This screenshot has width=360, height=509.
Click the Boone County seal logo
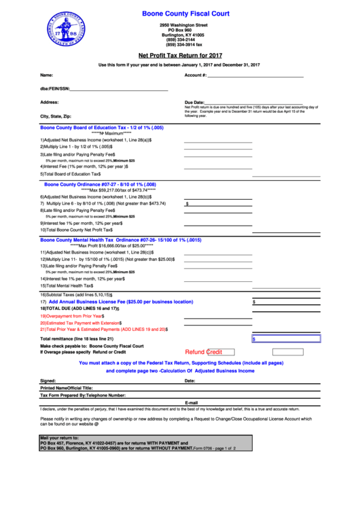(66, 31)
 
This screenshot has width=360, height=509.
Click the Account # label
(196, 75)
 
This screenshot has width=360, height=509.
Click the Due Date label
(194, 102)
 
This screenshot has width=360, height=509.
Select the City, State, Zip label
(56, 116)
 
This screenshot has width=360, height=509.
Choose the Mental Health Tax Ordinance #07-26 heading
(120, 240)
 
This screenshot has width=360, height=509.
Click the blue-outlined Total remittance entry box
(285, 338)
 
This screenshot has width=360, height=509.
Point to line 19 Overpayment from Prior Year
(72, 316)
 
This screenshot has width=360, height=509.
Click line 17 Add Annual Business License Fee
(116, 301)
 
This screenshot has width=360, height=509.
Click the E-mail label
(191, 402)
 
